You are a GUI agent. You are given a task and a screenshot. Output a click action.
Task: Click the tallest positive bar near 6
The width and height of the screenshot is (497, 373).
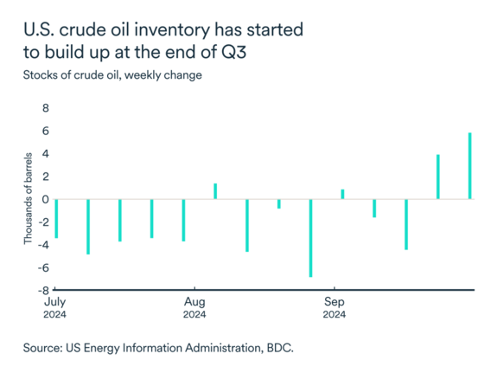(x=470, y=166)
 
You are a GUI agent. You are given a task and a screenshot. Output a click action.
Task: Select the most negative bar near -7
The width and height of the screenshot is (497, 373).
(x=310, y=238)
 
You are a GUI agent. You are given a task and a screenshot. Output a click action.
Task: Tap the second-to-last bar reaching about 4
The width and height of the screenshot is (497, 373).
(x=438, y=177)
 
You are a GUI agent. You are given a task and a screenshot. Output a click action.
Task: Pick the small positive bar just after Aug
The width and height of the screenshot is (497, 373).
(x=215, y=191)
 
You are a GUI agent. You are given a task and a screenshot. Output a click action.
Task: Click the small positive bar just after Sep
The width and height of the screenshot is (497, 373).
(x=342, y=194)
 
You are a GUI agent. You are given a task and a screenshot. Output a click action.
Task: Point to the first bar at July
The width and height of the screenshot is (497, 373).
(x=56, y=218)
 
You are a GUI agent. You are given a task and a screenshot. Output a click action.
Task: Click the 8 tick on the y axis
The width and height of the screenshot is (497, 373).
(x=46, y=109)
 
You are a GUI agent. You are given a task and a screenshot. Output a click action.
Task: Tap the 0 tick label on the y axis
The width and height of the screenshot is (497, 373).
(x=46, y=199)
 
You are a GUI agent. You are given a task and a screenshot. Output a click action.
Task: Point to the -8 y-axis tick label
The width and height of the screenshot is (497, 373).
(x=43, y=290)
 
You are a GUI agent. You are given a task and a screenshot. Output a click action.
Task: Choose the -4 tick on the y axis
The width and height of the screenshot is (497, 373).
(x=43, y=245)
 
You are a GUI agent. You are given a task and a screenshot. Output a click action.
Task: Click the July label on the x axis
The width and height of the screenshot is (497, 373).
(x=54, y=302)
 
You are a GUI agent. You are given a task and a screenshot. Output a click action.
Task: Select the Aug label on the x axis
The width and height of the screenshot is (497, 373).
(x=194, y=302)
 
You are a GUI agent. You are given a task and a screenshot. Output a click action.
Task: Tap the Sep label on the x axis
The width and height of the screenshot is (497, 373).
(x=335, y=302)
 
